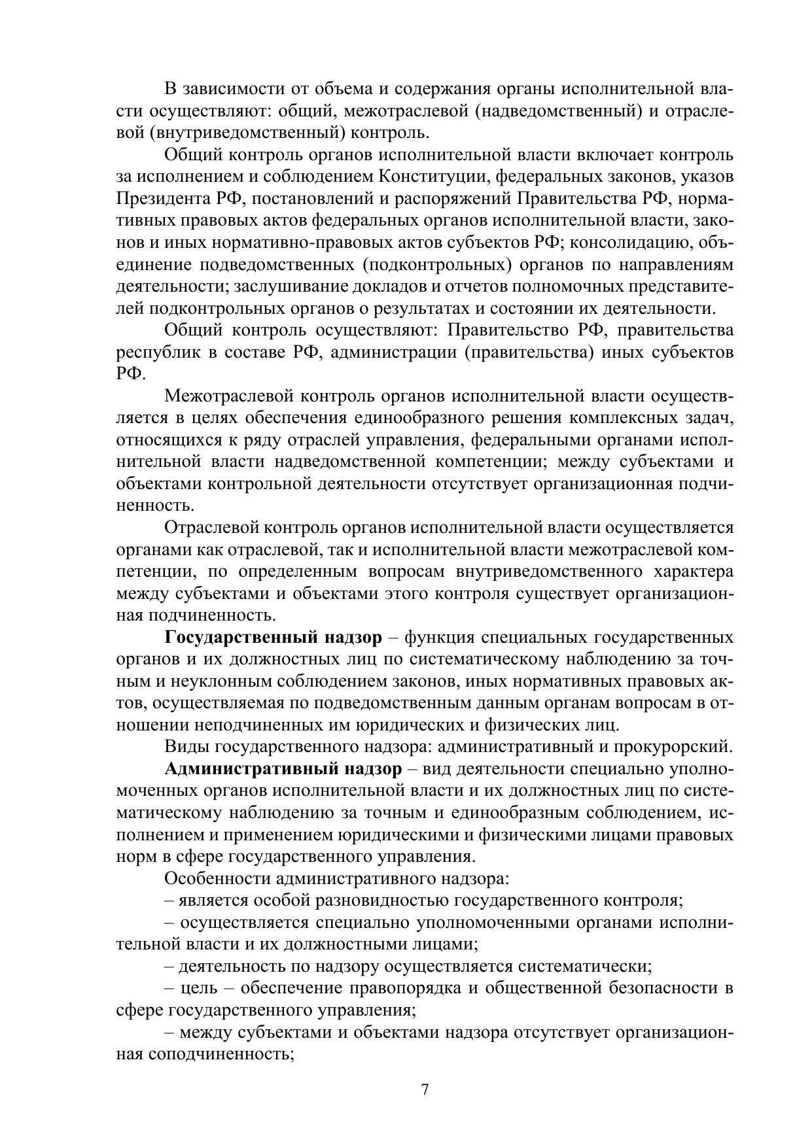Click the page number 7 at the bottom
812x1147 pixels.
pyautogui.click(x=425, y=1089)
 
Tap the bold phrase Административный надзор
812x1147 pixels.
pyautogui.click(x=283, y=768)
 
